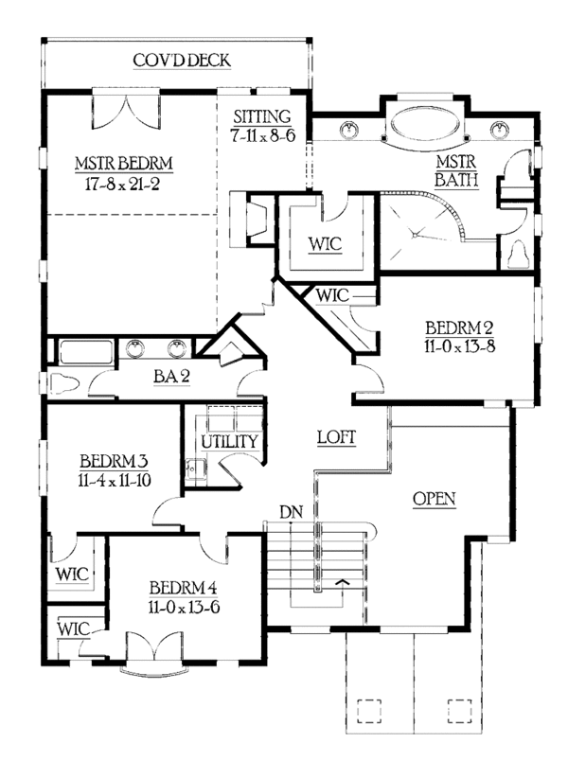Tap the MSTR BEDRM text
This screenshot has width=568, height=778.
click(x=124, y=164)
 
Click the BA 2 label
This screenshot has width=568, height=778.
click(x=172, y=376)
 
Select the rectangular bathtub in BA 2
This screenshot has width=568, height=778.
click(x=86, y=352)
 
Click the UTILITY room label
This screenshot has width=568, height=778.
click(x=228, y=442)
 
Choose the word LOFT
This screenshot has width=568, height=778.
click(x=335, y=438)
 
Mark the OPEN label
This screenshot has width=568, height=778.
click(x=435, y=498)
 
